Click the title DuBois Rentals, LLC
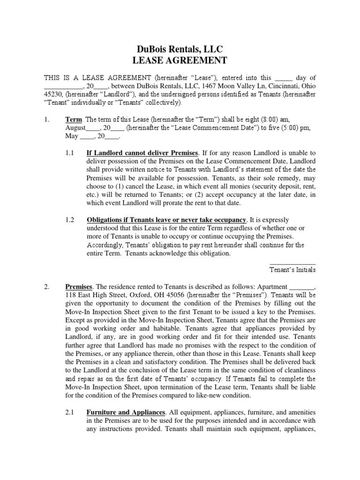click(x=180, y=49)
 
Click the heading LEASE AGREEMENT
click(x=180, y=60)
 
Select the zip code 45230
click(x=53, y=94)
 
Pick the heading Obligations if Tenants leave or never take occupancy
click(x=166, y=220)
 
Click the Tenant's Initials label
click(x=293, y=270)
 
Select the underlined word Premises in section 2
click(x=79, y=287)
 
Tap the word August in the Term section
click(x=75, y=128)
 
